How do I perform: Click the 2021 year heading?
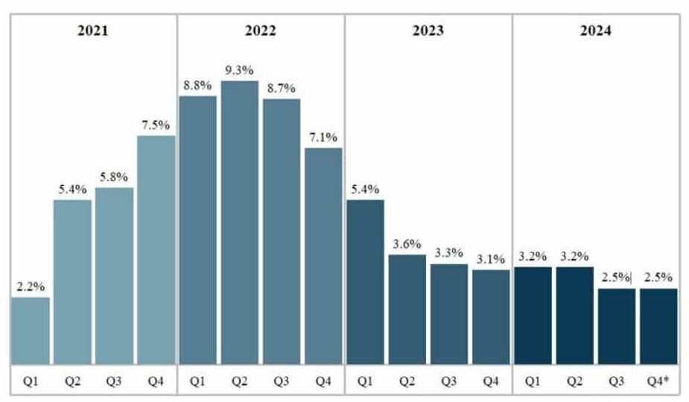(92, 31)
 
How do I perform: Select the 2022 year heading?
(260, 31)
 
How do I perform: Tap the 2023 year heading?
(428, 31)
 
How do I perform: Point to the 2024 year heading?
(595, 31)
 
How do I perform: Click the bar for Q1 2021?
(31, 331)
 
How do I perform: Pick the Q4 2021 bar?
(156, 249)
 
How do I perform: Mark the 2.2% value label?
(31, 286)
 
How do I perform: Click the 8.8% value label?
(197, 85)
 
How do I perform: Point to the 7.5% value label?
(156, 124)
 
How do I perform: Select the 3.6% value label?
(407, 243)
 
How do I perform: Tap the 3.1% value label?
(491, 258)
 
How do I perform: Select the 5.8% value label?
(114, 176)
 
